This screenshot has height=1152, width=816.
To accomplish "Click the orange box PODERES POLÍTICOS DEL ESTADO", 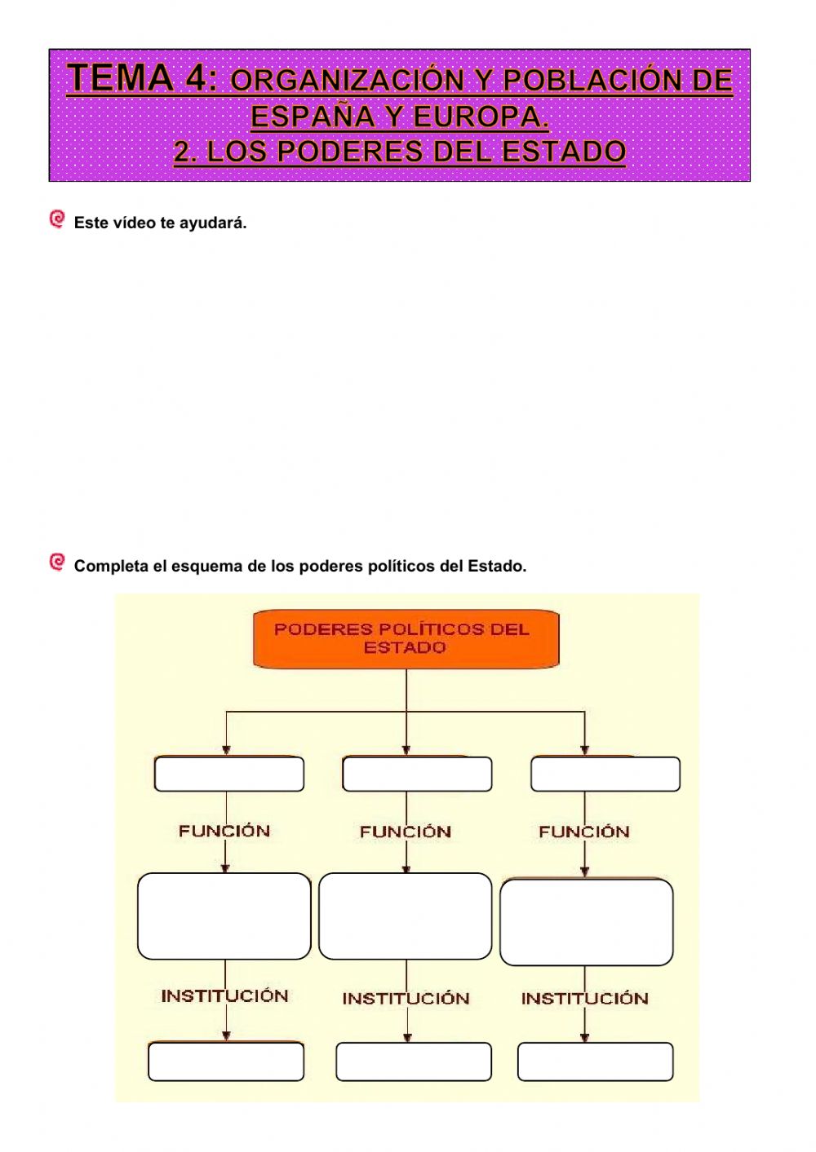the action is tap(406, 638).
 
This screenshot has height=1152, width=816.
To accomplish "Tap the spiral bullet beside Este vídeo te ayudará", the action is tap(57, 219).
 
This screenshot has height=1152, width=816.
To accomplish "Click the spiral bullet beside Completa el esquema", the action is tap(57, 562).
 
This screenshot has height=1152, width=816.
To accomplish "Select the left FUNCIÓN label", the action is tap(224, 831).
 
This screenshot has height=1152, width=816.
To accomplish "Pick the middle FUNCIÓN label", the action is tap(406, 832).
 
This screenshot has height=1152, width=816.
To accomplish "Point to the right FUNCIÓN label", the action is tap(583, 832).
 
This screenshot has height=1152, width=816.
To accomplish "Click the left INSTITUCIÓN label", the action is tap(224, 995).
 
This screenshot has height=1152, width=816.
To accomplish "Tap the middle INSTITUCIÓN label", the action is tap(406, 998).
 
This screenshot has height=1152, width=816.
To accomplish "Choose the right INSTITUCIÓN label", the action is tap(584, 998).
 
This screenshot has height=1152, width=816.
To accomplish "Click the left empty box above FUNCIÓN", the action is tap(229, 774).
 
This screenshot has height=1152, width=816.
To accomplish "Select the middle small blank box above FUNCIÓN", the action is tap(417, 774).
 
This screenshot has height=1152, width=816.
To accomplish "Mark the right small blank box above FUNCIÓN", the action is tap(605, 774).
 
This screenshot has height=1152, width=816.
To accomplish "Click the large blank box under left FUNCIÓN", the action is tap(224, 916).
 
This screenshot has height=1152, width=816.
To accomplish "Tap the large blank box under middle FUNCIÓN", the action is tap(406, 916).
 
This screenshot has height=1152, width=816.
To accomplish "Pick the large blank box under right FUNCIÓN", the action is tap(587, 922).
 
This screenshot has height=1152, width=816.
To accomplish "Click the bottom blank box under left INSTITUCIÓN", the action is tap(226, 1062).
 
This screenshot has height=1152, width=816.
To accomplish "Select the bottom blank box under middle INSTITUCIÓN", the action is tap(414, 1062).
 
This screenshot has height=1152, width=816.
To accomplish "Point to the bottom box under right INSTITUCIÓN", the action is tap(595, 1062).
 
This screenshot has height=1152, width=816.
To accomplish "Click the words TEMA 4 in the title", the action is tap(143, 78).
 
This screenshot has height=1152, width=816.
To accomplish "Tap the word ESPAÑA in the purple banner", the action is tap(313, 117).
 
